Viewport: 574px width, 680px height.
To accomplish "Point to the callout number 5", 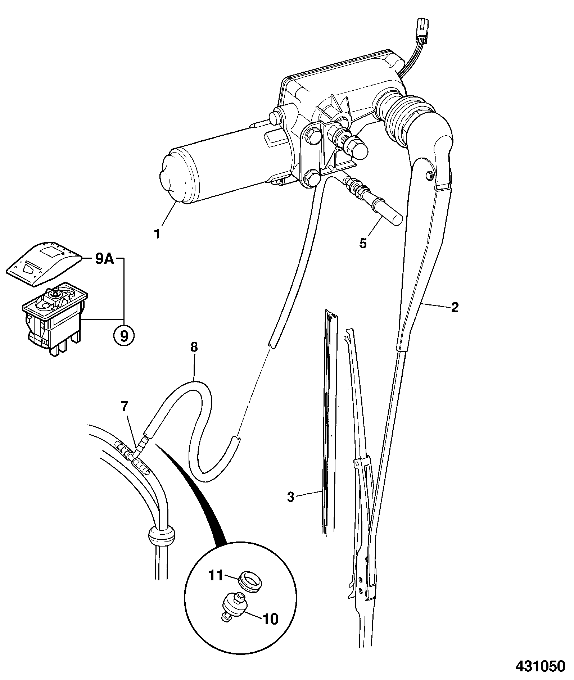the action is [363, 243].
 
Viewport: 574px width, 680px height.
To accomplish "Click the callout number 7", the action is [125, 407].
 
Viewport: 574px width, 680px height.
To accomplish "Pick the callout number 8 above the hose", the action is [194, 348].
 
